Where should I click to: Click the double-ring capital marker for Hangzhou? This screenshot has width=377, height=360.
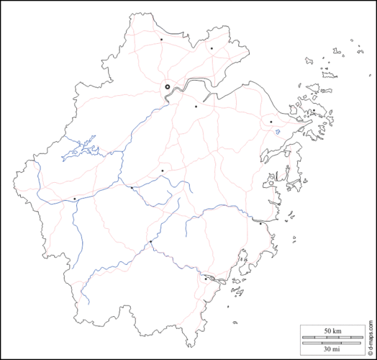[x=167, y=86]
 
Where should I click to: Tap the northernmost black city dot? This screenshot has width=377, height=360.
[x=162, y=39]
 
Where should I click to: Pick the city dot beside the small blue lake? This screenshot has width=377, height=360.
[x=271, y=122]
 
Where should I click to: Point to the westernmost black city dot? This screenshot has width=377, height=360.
[x=74, y=199]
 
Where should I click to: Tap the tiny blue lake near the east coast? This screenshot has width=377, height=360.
[x=277, y=132]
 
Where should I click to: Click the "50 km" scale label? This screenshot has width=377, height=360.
[x=332, y=330]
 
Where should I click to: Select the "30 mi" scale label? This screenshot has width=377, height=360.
[x=332, y=348]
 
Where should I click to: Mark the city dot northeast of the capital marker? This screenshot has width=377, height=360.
[x=212, y=48]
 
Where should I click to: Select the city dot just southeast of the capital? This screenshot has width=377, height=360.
[x=196, y=106]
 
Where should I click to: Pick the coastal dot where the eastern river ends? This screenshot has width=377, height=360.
[x=260, y=223]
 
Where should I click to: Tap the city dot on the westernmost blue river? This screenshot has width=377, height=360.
[x=74, y=199]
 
